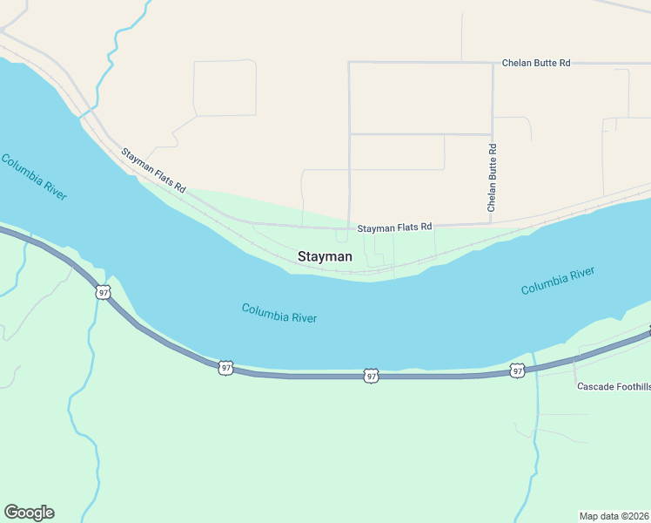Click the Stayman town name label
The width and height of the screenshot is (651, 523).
(x=325, y=257)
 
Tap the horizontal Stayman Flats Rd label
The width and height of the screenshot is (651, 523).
(x=394, y=228)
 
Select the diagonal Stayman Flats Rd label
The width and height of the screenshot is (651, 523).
(x=153, y=170)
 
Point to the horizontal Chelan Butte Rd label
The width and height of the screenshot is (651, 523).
(x=535, y=63)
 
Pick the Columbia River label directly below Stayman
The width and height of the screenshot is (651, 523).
(x=279, y=313)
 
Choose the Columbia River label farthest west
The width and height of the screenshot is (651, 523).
(x=34, y=177)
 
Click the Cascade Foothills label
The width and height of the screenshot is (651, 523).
(x=614, y=386)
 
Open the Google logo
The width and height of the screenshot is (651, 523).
(x=29, y=513)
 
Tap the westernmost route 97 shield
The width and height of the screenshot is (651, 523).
(x=104, y=292)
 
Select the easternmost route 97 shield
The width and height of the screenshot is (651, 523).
(x=517, y=370)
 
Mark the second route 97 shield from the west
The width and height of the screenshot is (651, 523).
(x=226, y=368)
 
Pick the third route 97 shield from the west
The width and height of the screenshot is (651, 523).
(x=372, y=376)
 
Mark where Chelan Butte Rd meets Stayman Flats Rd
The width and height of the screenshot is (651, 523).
(x=492, y=222)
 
